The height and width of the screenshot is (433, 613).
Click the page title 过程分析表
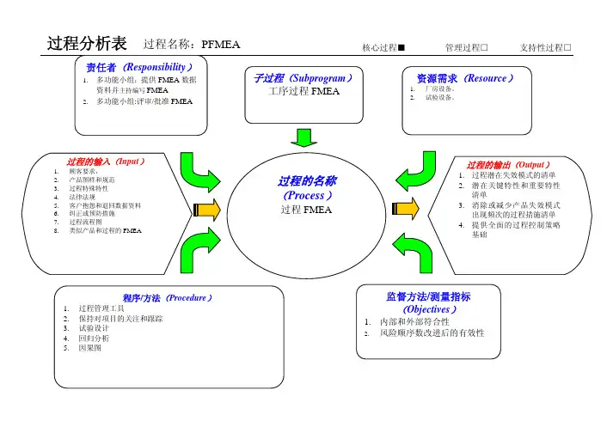(x=87, y=43)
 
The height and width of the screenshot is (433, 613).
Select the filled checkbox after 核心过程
(x=402, y=46)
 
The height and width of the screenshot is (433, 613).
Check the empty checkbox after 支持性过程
(x=568, y=46)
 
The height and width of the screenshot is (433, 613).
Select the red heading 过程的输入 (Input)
(x=106, y=161)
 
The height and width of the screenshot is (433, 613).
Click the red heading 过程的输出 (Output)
(x=508, y=163)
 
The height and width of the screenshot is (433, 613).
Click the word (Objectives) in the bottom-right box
(x=427, y=309)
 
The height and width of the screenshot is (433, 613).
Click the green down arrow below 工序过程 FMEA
(x=303, y=137)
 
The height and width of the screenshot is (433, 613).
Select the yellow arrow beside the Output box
(x=410, y=209)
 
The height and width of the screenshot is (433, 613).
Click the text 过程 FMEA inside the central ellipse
(x=306, y=211)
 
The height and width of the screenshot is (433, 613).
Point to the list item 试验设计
(x=95, y=328)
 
